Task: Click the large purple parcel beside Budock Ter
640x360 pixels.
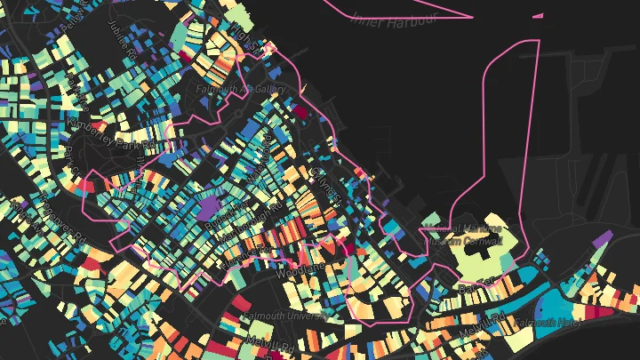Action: click(211, 209)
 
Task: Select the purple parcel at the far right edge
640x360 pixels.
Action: click(603, 238)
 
